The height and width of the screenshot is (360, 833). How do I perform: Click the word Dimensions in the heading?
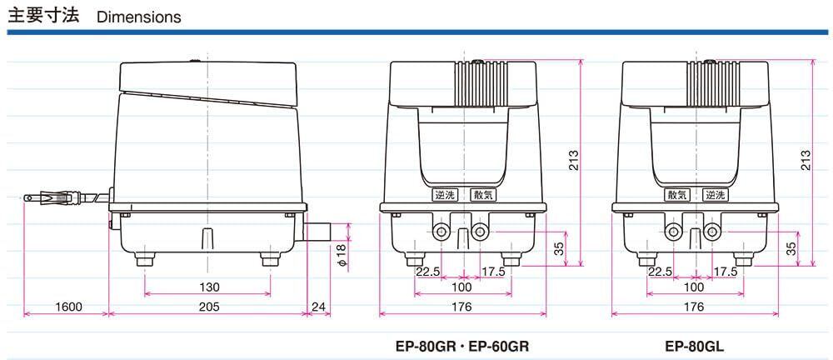pyautogui.click(x=138, y=17)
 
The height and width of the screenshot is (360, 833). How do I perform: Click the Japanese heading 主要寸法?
pyautogui.click(x=42, y=15)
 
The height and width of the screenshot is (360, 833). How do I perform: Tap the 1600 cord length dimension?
pyautogui.click(x=67, y=307)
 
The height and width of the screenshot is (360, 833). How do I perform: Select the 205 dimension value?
pyautogui.click(x=209, y=307)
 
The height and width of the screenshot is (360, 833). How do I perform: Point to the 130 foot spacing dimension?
pyautogui.click(x=209, y=287)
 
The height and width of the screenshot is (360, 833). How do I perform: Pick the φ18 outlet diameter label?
pyautogui.click(x=342, y=255)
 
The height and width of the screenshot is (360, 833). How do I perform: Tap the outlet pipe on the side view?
pyautogui.click(x=317, y=232)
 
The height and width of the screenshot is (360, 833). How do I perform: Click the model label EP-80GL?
pyautogui.click(x=695, y=346)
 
